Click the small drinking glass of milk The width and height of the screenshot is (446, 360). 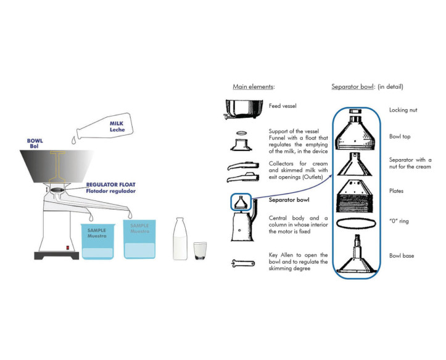click(200, 250)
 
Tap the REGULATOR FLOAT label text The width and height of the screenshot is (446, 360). click(111, 185)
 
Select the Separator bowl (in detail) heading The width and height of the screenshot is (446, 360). click(367, 87)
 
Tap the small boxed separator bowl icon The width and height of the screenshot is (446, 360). click(241, 202)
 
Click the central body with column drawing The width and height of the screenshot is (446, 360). click(242, 227)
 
